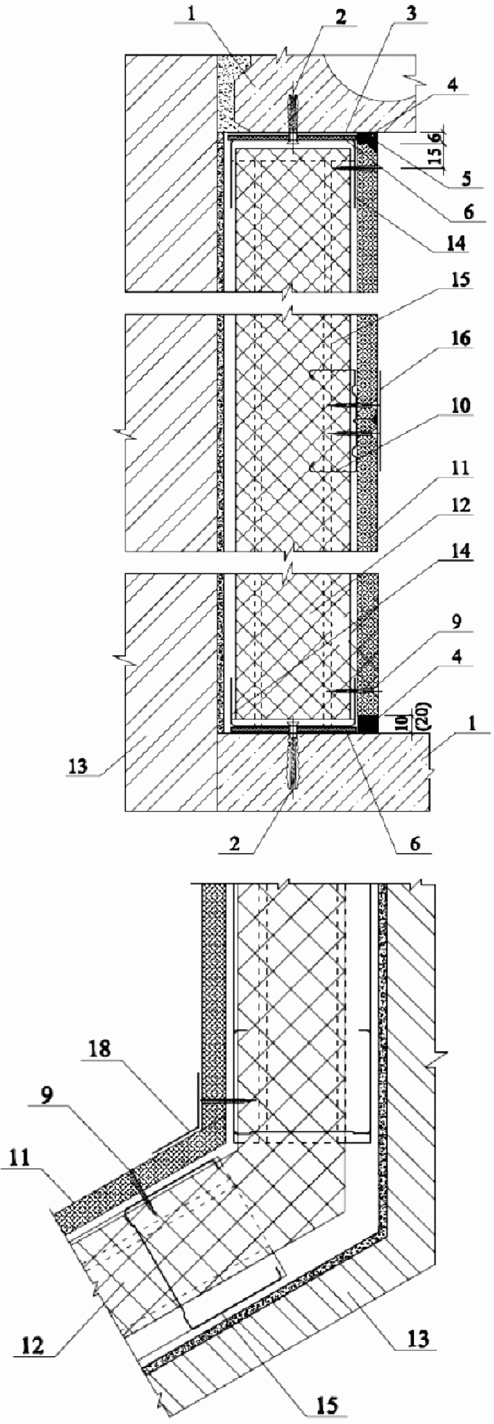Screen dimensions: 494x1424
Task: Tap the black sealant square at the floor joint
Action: click(x=368, y=724)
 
